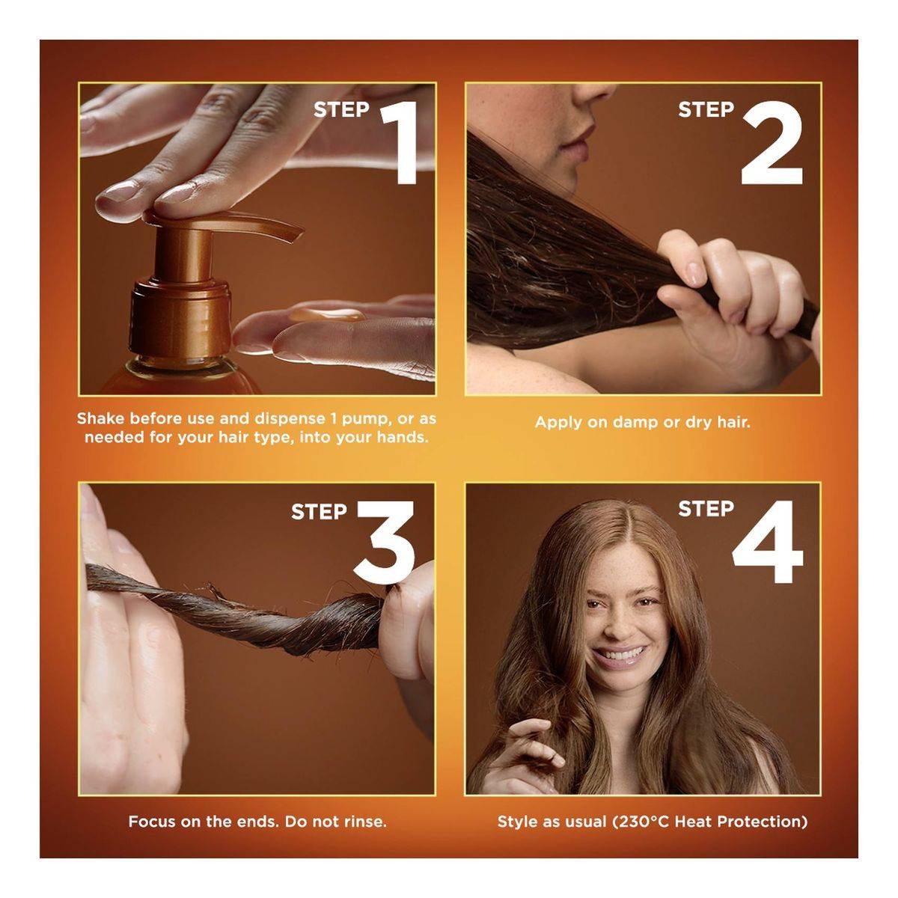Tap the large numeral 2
point(772,143)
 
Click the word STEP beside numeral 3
point(320,512)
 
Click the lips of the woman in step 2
point(578,141)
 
